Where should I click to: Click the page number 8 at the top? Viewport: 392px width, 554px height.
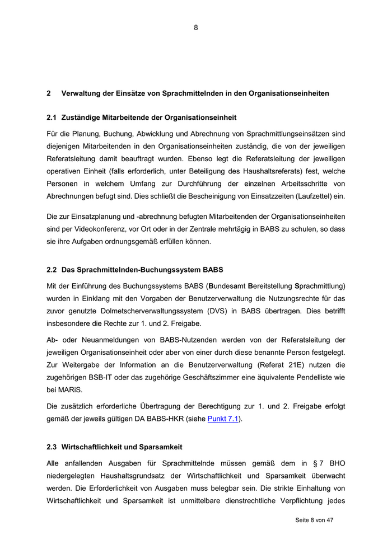[x=196, y=27]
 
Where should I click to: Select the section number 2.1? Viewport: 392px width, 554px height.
[x=52, y=118]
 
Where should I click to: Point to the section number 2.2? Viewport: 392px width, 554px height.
[x=52, y=270]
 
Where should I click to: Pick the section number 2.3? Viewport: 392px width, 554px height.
[x=52, y=447]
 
